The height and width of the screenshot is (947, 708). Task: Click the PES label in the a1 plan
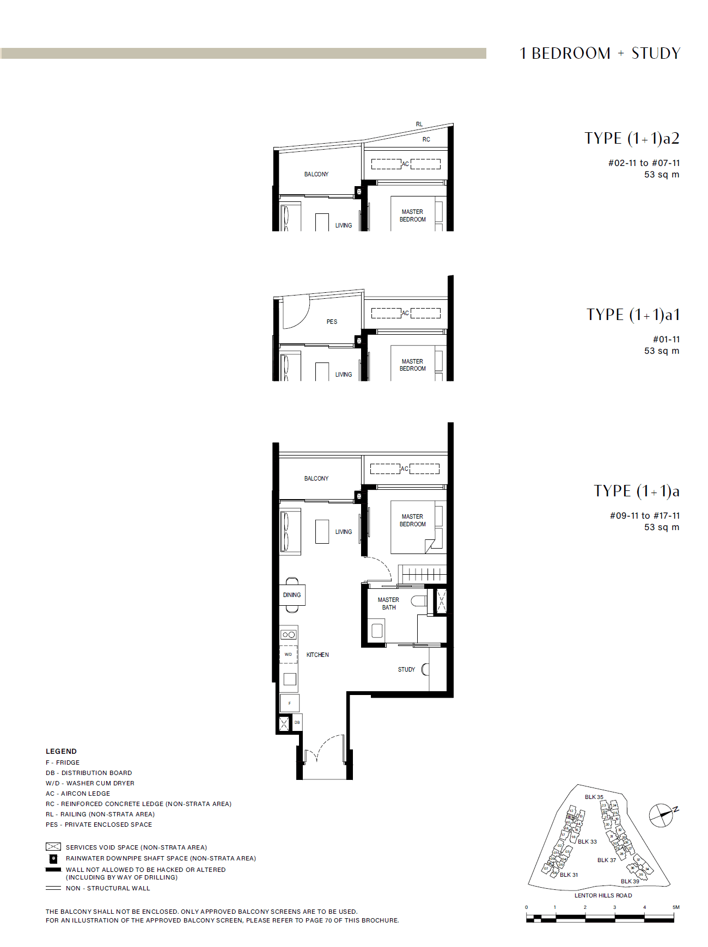coord(332,322)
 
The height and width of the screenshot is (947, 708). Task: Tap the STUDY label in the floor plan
coord(406,669)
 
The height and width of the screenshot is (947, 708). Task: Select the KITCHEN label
coord(318,655)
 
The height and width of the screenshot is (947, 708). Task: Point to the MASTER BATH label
coord(388,604)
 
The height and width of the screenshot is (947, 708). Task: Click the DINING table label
coord(292,595)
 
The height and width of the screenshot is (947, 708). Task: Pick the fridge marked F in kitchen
coord(290,703)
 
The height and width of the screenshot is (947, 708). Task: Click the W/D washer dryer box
coord(289,654)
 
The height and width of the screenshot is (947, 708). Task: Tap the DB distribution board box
coord(297,723)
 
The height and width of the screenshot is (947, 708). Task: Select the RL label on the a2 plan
coord(419,124)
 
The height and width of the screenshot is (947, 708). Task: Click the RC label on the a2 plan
coord(426,139)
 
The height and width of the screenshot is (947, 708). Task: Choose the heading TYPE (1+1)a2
coord(632,138)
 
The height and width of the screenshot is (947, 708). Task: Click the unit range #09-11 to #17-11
coord(644,515)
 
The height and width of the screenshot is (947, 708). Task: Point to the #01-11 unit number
coord(666,339)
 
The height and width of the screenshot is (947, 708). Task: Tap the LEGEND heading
coord(61,751)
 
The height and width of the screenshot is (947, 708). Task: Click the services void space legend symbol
coord(53,847)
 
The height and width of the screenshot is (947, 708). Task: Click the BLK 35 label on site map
coord(594,797)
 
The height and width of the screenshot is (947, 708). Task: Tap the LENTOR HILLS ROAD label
coord(603,895)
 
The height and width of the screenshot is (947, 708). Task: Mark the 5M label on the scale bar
coord(675,907)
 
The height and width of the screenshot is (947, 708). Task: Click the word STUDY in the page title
coord(656,53)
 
